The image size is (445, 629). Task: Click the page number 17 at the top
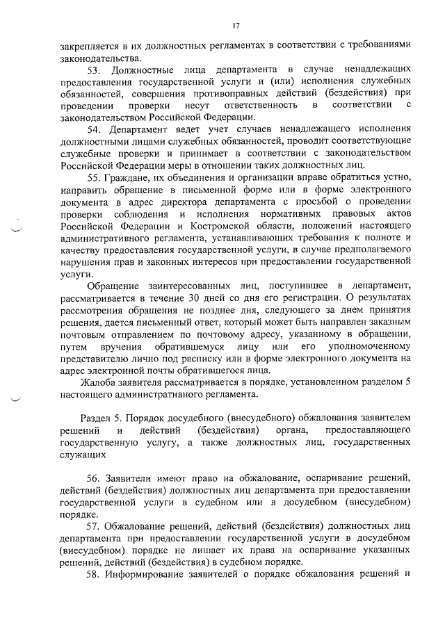236,25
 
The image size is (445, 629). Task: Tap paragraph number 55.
94,178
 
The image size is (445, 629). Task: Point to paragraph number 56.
94,480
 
